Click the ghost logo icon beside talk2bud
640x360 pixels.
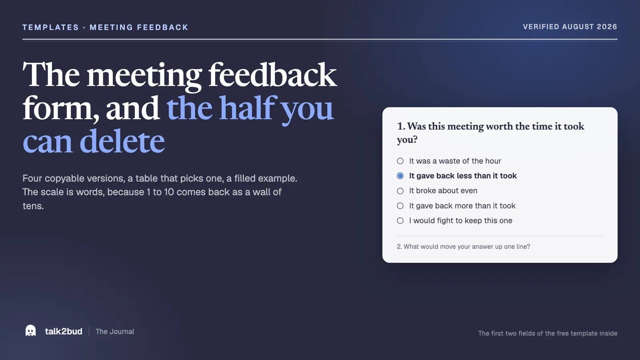[30, 330]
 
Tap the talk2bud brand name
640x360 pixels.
[64, 332]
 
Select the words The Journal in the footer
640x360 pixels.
[115, 332]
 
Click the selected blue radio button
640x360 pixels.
[400, 176]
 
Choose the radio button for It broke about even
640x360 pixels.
[400, 191]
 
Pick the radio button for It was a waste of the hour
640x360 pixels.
[400, 161]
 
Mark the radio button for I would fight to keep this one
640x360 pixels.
[400, 220]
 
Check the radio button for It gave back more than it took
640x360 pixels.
[400, 206]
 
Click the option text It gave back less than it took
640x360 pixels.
[463, 176]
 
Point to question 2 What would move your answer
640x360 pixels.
[464, 246]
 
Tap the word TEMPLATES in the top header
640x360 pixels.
[50, 28]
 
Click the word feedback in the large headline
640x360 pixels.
[272, 75]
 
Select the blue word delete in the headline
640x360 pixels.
[122, 141]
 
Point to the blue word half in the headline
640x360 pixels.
[248, 108]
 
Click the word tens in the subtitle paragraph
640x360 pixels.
[33, 206]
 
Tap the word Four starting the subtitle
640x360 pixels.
[32, 178]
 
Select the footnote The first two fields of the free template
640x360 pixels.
[548, 334]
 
